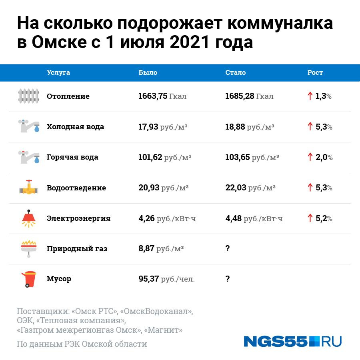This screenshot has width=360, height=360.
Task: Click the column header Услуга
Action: [58, 72]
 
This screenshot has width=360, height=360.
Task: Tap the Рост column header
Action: [315, 72]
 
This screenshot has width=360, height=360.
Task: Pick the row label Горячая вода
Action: [72, 157]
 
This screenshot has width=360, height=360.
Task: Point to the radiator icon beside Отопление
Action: [29, 96]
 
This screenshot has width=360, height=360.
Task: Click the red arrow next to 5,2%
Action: [310, 218]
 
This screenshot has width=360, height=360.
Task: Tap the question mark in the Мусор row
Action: [228, 279]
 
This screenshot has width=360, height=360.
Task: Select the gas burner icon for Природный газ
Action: [29, 248]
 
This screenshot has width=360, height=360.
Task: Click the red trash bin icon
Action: [29, 279]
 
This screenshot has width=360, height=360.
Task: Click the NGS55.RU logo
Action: [292, 341]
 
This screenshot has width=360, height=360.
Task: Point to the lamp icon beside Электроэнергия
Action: [29, 218]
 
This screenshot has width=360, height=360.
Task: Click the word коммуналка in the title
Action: [280, 24]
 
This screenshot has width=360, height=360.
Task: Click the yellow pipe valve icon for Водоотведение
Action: [29, 188]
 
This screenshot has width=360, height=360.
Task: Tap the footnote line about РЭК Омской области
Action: [82, 344]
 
